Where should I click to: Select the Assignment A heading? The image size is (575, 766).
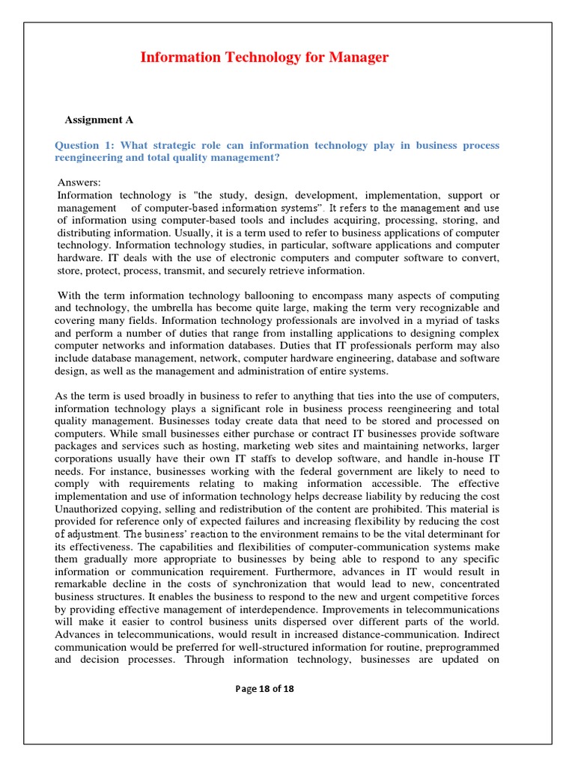pyautogui.click(x=94, y=120)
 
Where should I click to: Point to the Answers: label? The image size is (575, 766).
pyautogui.click(x=79, y=183)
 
